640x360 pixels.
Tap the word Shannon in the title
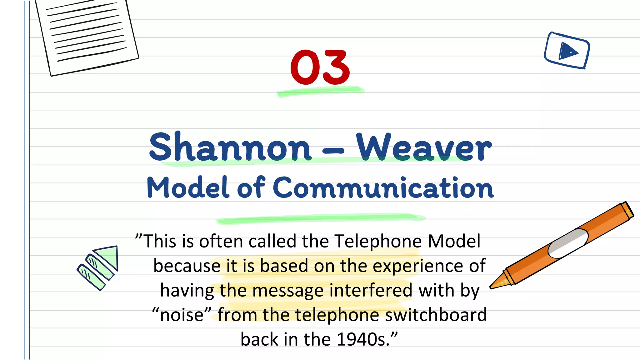pos(230,147)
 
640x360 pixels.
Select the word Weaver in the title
pos(424,147)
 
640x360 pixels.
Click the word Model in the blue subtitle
pos(187,187)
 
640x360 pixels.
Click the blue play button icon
pos(567,51)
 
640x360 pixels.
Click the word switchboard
pos(436,315)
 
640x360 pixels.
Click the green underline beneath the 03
pos(321,91)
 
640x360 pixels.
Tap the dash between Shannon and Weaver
pos(333,151)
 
